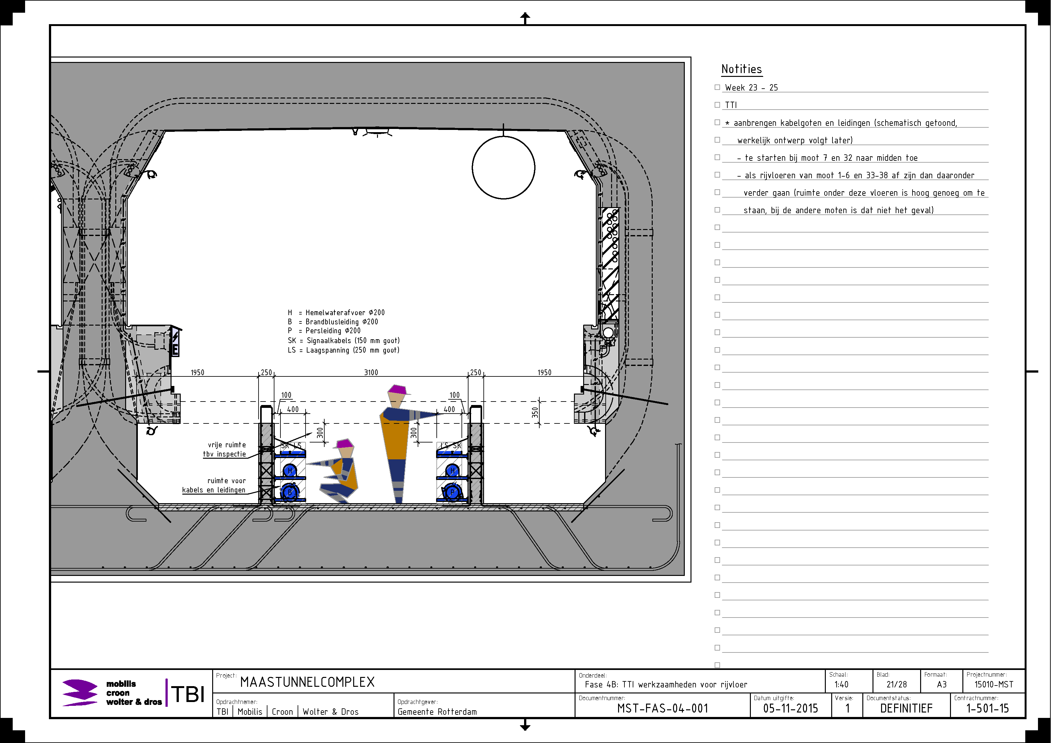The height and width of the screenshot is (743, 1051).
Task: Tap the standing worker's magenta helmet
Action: click(x=398, y=389)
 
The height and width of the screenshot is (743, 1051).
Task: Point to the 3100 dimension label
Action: click(x=371, y=373)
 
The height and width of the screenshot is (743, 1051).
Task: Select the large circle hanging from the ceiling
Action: click(x=503, y=167)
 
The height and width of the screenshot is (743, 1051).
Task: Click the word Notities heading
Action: click(x=742, y=69)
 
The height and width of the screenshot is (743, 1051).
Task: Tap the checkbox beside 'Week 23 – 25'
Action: click(x=717, y=87)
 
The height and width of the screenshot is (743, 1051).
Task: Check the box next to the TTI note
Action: click(x=717, y=105)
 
